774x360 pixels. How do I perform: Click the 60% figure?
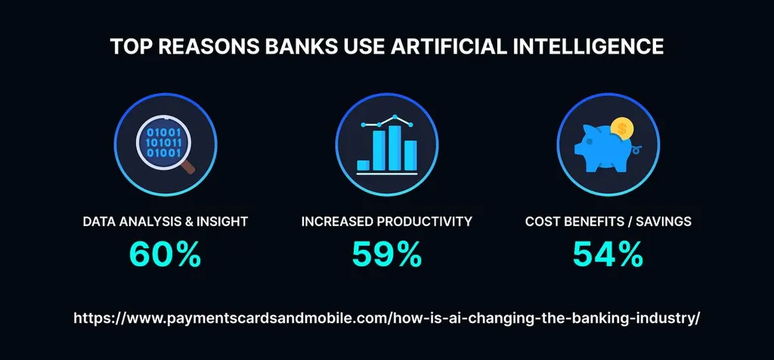(165, 254)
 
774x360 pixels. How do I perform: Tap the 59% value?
(386, 254)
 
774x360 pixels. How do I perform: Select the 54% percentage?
(608, 254)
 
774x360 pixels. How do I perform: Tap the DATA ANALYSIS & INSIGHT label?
(165, 222)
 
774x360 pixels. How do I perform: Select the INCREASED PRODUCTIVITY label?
(386, 222)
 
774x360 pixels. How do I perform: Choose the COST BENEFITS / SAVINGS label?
(608, 222)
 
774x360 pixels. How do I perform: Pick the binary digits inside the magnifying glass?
(159, 141)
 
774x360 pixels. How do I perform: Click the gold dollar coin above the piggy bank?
(621, 129)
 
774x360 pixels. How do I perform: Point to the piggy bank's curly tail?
(639, 149)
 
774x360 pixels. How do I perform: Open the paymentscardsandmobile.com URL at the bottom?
(386, 318)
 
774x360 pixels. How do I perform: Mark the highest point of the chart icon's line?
(394, 117)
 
